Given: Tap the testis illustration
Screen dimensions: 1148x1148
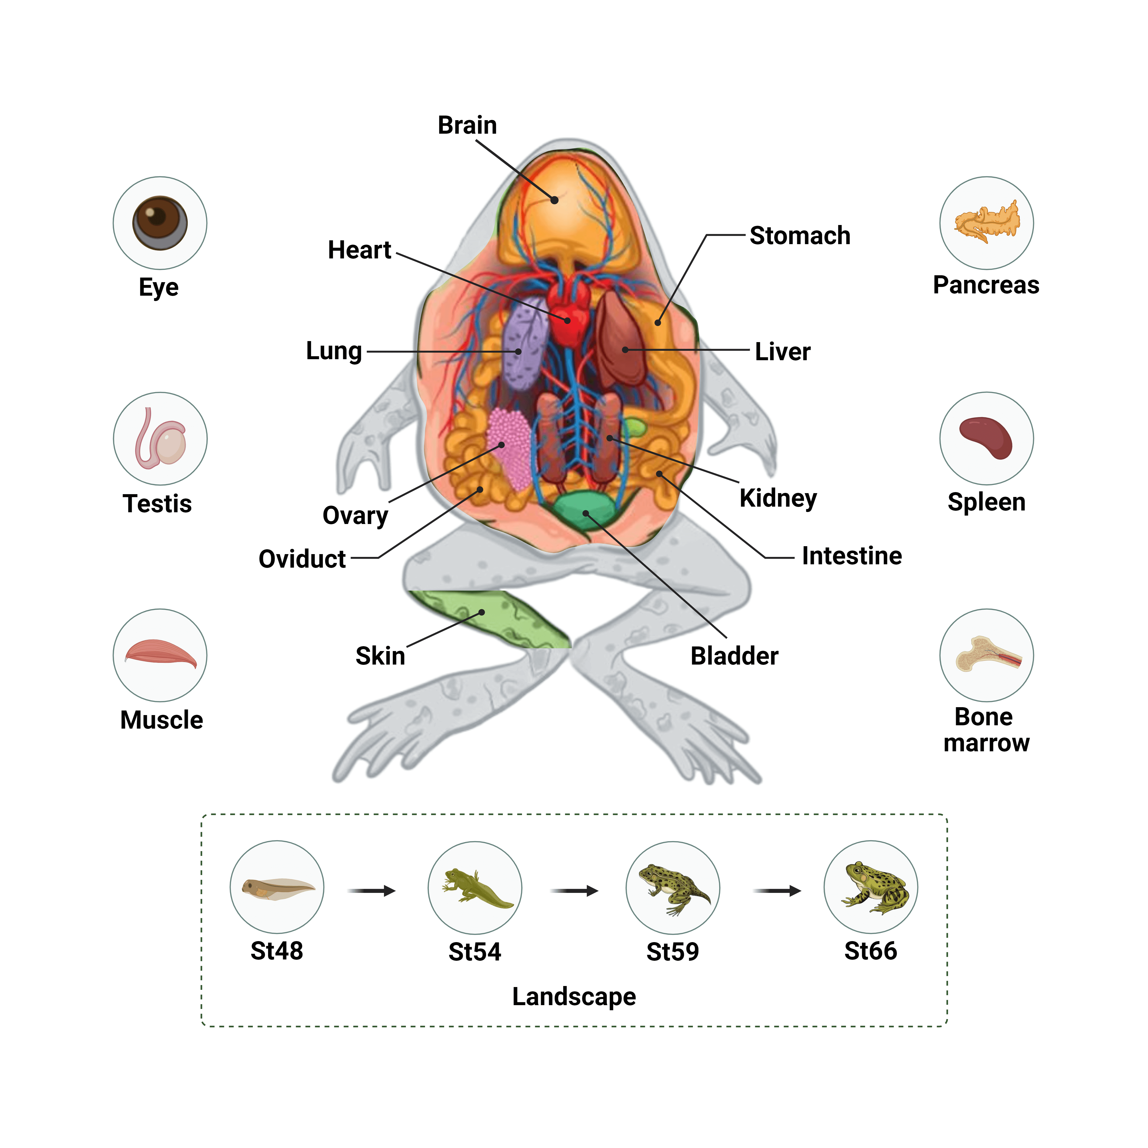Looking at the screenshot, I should [x=160, y=439].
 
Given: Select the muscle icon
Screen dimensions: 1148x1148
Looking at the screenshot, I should [x=160, y=654].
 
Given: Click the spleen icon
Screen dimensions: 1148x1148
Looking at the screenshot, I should [x=986, y=438].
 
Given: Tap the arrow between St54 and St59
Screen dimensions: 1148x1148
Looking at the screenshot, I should [x=574, y=891].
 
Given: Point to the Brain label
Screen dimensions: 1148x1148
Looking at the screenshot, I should [x=467, y=125].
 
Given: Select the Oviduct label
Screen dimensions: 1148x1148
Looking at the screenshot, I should [x=302, y=559].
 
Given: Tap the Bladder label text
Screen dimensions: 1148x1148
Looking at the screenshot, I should [x=734, y=656].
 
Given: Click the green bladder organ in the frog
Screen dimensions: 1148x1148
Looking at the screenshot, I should [x=585, y=510].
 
